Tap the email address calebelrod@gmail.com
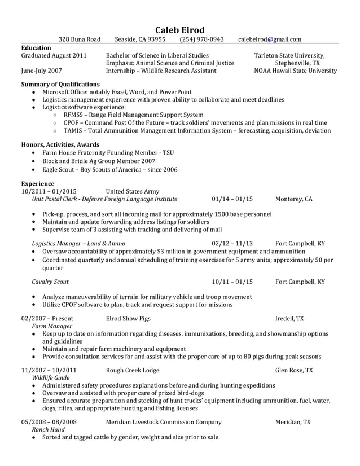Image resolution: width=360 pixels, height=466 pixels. tap(269, 39)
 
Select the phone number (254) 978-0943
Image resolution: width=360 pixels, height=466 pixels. tap(202, 39)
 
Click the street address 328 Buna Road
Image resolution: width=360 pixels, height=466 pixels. tap(80, 39)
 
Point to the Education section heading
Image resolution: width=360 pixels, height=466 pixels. tap(36, 48)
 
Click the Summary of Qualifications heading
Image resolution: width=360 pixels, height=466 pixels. tap(60, 84)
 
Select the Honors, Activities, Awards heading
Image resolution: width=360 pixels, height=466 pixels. tap(60, 144)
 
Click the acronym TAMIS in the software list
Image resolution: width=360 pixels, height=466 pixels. tap(73, 130)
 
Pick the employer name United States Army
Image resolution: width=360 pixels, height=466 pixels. tap(133, 191)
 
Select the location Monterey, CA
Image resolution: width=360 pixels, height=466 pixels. tap(293, 199)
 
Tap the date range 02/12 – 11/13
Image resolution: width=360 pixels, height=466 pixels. tap(232, 243)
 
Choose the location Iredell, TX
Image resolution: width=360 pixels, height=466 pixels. tap(289, 319)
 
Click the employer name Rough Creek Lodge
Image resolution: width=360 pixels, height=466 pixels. tap(133, 370)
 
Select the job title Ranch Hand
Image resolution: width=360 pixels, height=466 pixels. tap(48, 429)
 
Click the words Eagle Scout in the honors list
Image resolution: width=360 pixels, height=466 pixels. tap(59, 169)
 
